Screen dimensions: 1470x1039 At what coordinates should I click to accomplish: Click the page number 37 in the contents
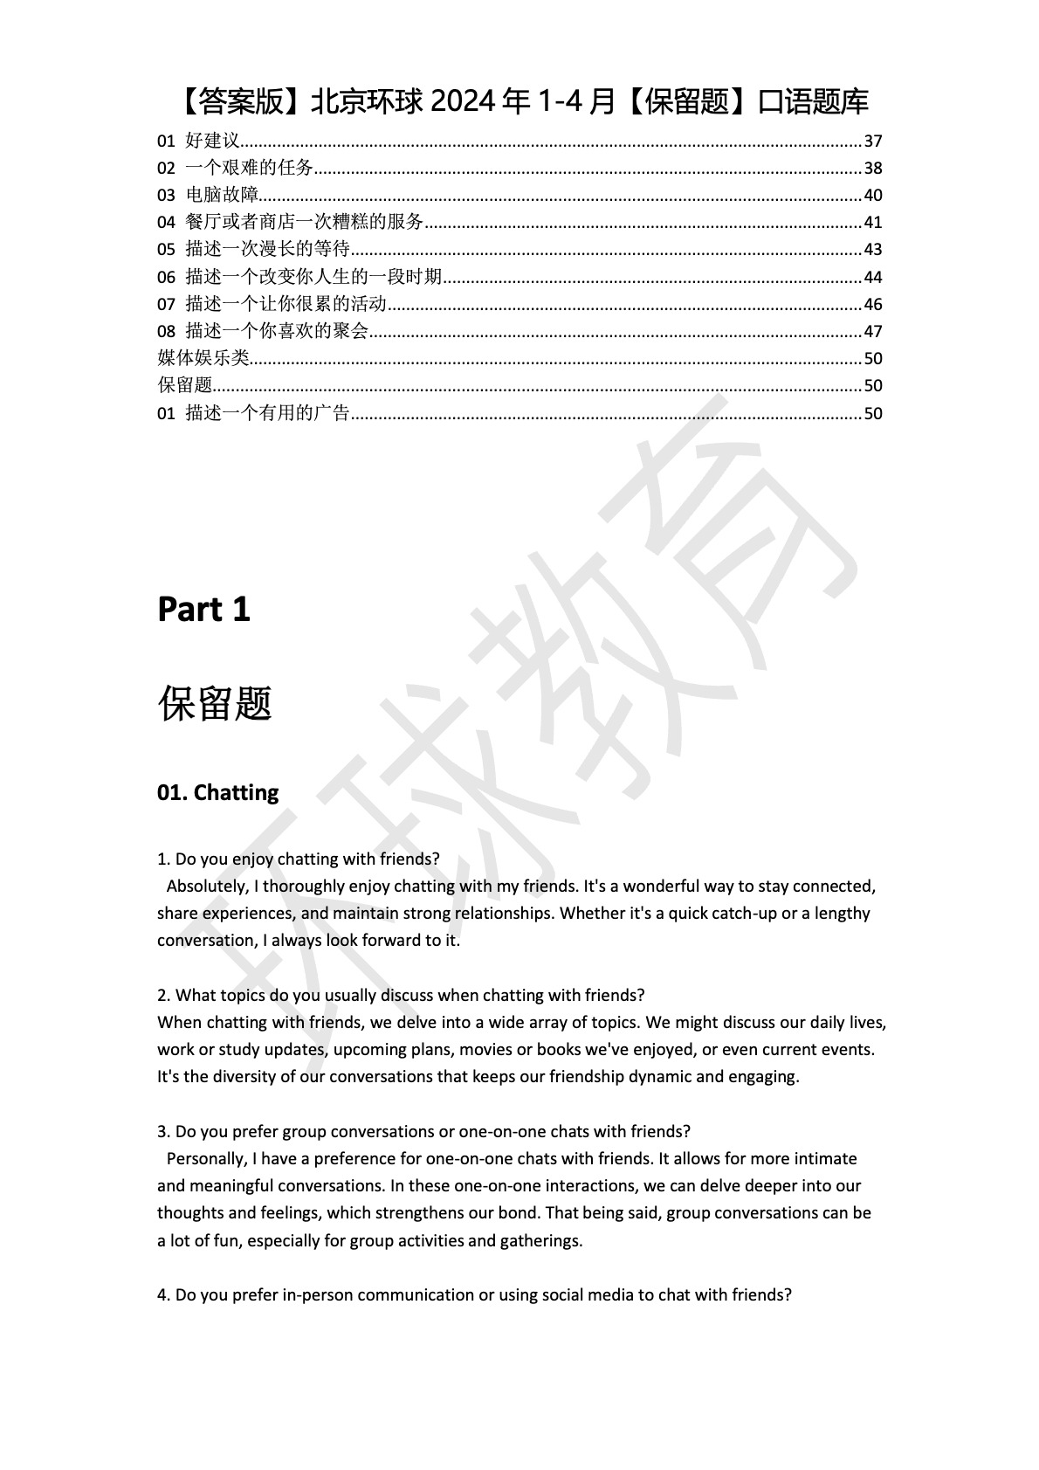coord(872,141)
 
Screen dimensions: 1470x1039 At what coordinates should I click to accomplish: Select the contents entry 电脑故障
coord(222,195)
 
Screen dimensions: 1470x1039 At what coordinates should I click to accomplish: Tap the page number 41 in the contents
coord(872,222)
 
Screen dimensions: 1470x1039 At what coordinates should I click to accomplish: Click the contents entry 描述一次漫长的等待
coord(267,249)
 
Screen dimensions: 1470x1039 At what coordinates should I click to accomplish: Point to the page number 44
coord(872,277)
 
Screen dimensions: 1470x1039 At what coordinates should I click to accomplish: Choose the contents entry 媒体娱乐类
coord(203,358)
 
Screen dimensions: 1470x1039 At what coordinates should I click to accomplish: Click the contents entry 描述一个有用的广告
coord(267,413)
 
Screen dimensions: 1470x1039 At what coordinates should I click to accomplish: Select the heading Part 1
coord(203,610)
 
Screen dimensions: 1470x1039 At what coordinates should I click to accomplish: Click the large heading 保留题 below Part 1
coord(215,704)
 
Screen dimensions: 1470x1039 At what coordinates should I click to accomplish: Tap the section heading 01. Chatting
coord(217,792)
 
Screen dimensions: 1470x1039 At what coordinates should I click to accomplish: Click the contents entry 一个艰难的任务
coord(249,168)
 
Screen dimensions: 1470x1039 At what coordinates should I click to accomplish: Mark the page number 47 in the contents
coord(872,331)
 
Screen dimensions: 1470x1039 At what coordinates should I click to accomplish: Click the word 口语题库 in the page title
coord(813,102)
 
